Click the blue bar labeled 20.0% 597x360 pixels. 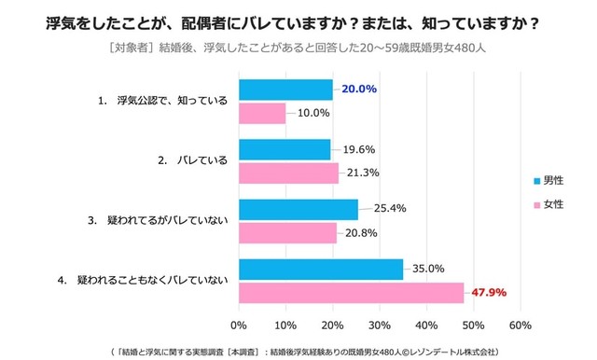coord(285,90)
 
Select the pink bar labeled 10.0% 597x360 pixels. coord(262,113)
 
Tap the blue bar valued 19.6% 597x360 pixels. coord(285,149)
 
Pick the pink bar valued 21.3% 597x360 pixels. coord(288,173)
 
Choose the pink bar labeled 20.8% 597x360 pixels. coord(287,232)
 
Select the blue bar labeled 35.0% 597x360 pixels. coord(321,270)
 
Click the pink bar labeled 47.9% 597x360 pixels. coord(352,293)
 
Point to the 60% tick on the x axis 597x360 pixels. coord(521,325)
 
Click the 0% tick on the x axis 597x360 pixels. coord(239,325)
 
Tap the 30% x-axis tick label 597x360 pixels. coord(380,325)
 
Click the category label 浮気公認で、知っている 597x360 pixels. coord(165,101)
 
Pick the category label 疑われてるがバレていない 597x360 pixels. coord(160,221)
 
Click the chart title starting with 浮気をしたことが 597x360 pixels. coord(298,20)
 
